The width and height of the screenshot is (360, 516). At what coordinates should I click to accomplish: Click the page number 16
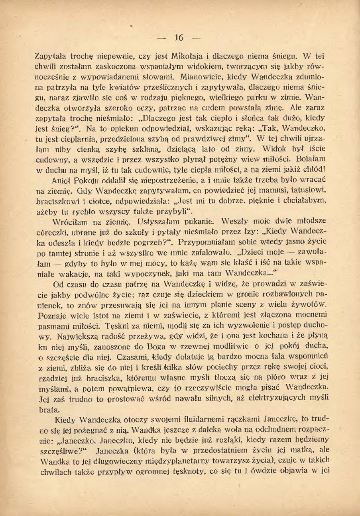click(179, 38)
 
